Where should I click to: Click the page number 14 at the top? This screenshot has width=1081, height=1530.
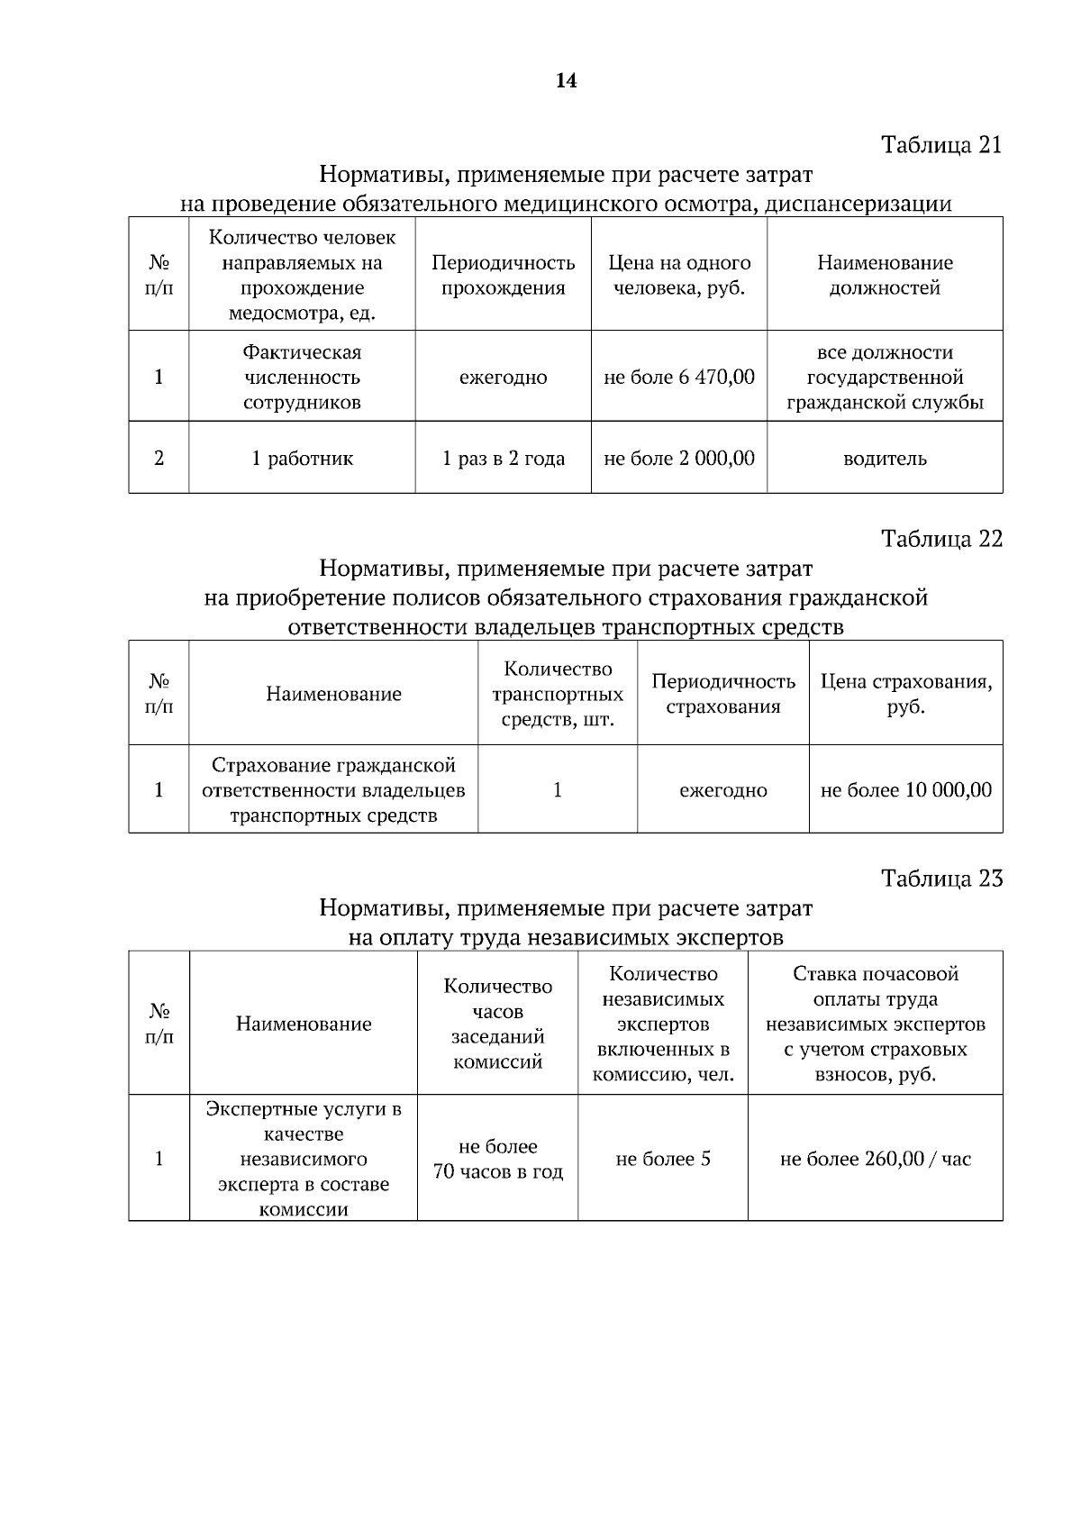[566, 81]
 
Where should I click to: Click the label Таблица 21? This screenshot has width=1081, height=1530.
[941, 145]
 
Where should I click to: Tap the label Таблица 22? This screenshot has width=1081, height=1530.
[941, 539]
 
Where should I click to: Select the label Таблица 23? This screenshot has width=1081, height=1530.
[941, 879]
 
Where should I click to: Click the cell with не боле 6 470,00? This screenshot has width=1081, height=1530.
[679, 377]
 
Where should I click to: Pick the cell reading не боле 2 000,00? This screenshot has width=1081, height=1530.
[679, 458]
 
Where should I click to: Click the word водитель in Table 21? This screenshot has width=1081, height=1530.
[885, 459]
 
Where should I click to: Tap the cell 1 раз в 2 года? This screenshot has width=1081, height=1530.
[504, 458]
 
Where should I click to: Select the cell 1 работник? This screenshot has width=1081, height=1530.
[302, 458]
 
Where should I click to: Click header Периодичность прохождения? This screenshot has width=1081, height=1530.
[504, 275]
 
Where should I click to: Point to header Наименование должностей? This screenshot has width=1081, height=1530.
[885, 275]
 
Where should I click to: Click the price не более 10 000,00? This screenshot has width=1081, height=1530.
[905, 790]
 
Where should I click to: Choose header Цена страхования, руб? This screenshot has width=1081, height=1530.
[905, 694]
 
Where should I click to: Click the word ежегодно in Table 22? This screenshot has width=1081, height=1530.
[723, 790]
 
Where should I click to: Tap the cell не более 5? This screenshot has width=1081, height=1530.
[663, 1159]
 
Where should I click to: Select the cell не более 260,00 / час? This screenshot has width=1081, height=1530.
[875, 1159]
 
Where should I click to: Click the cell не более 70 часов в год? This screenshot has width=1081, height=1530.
[497, 1159]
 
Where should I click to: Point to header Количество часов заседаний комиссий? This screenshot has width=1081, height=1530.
[497, 1024]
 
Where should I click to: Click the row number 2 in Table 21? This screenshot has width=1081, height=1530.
[159, 458]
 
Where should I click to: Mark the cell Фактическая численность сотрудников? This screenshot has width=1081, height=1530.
[302, 377]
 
